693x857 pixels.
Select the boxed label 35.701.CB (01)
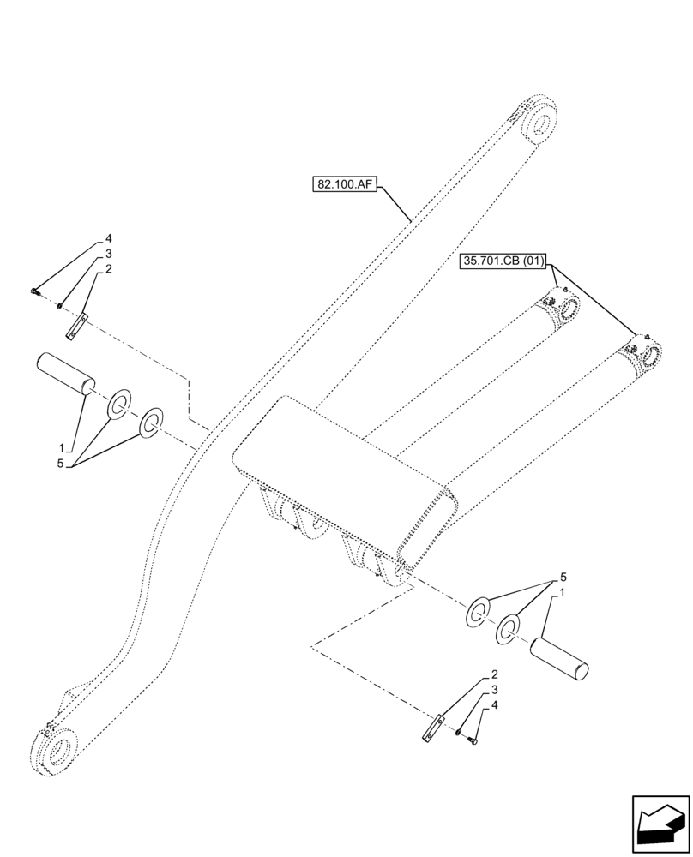point(503,259)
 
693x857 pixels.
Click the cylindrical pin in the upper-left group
point(65,375)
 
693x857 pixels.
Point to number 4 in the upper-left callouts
point(109,237)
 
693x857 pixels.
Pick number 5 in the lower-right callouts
point(563,577)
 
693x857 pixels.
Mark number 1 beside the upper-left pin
point(62,447)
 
